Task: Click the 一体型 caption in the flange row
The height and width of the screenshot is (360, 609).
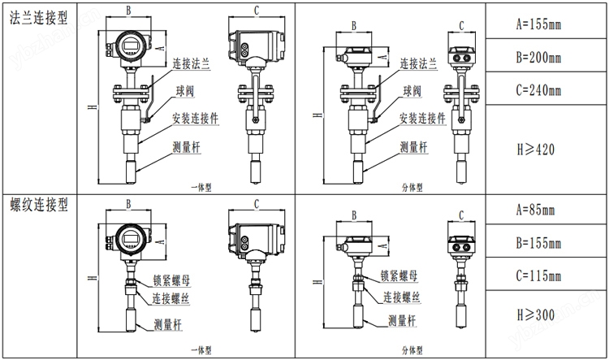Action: point(201,186)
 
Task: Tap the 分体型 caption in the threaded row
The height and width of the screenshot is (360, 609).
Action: point(412,350)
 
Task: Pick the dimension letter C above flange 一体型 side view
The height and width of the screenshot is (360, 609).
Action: point(257,11)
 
